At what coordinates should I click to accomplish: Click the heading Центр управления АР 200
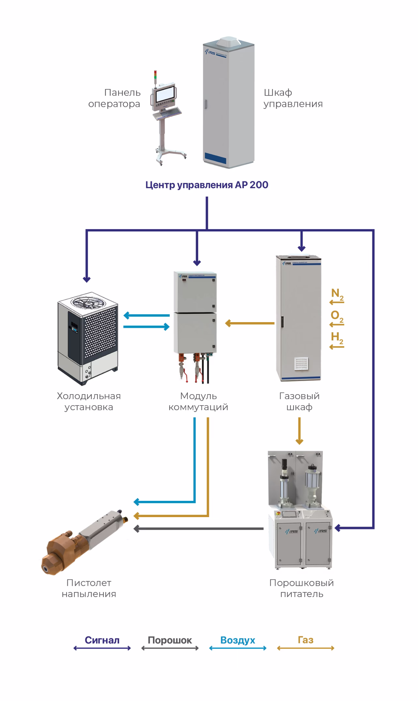(x=207, y=185)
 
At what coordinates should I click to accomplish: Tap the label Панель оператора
(x=114, y=98)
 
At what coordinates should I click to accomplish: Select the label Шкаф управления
(x=293, y=98)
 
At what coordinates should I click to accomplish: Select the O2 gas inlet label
(x=337, y=316)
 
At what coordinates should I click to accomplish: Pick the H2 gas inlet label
(x=337, y=338)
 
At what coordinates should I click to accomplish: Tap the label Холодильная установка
(x=89, y=401)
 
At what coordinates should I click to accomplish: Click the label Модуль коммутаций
(x=198, y=401)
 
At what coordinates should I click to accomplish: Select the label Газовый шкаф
(x=299, y=401)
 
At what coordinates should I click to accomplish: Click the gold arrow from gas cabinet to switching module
(x=250, y=323)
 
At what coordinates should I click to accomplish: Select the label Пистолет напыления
(x=89, y=588)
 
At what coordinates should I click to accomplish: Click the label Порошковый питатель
(x=302, y=588)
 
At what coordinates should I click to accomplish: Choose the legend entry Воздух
(x=238, y=640)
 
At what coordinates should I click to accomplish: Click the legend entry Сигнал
(x=102, y=640)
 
